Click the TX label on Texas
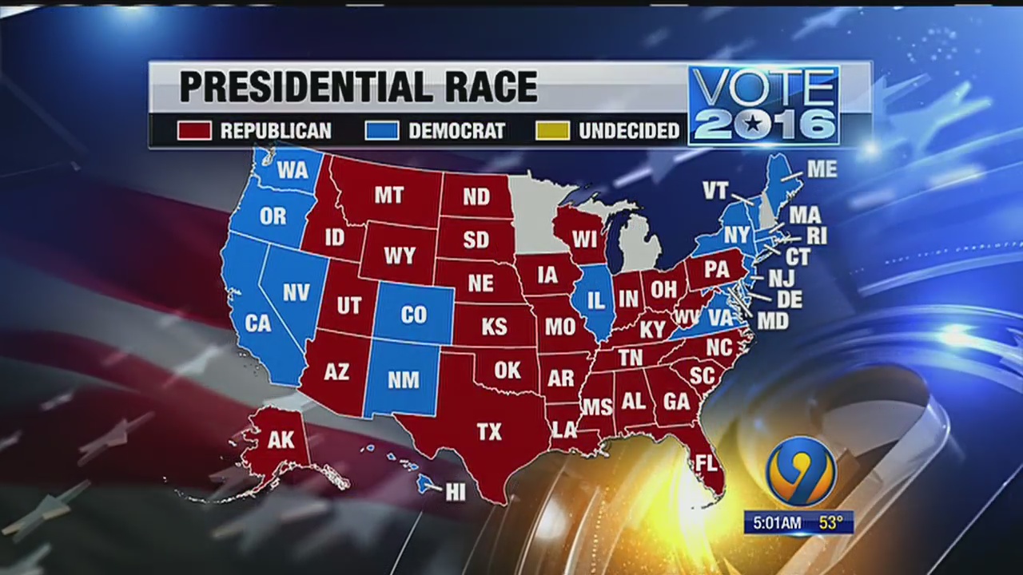[x=488, y=432]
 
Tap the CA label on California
[x=258, y=323]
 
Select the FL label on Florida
[x=705, y=463]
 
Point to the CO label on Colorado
[x=413, y=315]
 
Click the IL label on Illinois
[x=595, y=301]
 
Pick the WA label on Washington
[x=293, y=170]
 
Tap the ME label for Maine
[x=822, y=169]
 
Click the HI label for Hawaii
[x=455, y=493]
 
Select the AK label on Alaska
[x=281, y=440]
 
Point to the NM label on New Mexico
[x=403, y=380]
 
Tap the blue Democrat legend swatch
[x=382, y=130]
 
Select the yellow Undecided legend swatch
[x=553, y=130]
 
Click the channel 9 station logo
[x=800, y=472]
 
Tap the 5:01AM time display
[x=774, y=523]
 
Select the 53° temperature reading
[x=830, y=523]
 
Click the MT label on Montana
[x=389, y=195]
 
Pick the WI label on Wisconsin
[x=584, y=239]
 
